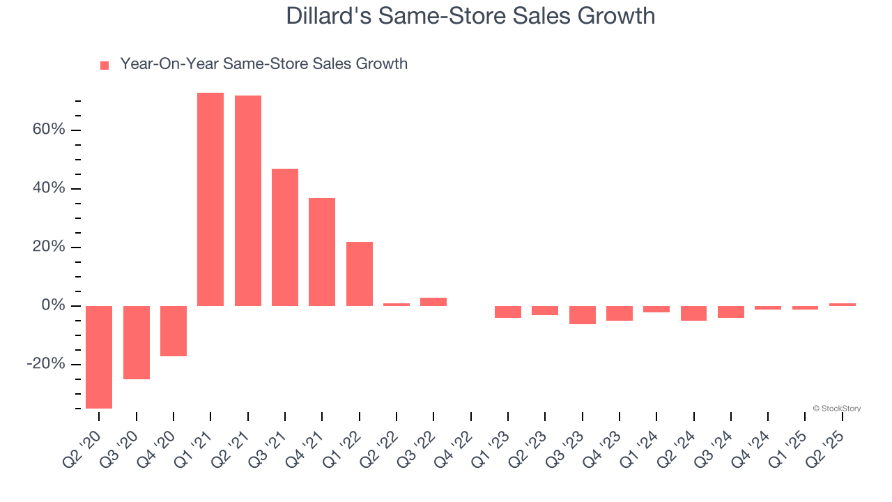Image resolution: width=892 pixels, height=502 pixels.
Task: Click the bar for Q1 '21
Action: [210, 199]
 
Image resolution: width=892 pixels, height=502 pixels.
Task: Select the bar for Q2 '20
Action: [99, 357]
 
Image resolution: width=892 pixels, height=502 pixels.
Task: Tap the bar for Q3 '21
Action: [285, 237]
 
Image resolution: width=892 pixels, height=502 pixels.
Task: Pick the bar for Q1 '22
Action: [360, 274]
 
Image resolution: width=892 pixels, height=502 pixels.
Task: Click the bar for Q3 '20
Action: [137, 342]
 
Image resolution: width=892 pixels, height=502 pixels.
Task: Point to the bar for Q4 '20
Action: [174, 331]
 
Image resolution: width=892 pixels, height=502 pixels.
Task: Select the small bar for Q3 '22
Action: [433, 302]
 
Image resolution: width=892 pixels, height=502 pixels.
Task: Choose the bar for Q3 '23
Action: [583, 315]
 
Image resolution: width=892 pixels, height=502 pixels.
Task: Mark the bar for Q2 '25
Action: [843, 305]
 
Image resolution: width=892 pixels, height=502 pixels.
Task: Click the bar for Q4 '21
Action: [322, 252]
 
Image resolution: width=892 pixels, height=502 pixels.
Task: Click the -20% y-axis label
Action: [46, 365]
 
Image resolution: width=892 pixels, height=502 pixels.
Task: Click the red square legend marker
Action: [105, 66]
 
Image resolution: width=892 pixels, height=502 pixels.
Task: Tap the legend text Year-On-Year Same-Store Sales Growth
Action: [263, 64]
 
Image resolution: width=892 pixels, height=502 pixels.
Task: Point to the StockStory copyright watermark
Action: [836, 409]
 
